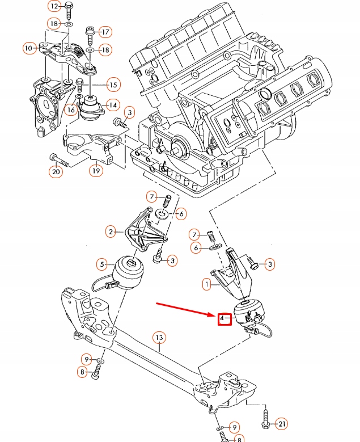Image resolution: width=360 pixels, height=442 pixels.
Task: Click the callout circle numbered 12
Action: click(x=54, y=7)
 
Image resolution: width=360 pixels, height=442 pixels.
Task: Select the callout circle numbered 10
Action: click(x=29, y=48)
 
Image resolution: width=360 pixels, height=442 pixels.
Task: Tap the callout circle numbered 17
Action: click(x=105, y=31)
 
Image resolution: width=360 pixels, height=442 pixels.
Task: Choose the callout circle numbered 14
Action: click(x=112, y=104)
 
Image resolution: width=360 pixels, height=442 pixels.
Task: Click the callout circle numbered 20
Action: click(x=55, y=171)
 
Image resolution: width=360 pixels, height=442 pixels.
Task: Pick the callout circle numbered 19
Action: click(x=95, y=170)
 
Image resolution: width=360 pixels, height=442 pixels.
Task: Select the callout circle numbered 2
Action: click(x=111, y=231)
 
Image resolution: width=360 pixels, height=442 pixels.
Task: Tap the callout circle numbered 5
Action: click(x=102, y=263)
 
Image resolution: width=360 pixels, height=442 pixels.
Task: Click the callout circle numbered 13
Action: click(x=159, y=338)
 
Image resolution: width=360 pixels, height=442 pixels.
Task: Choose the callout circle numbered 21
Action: click(x=281, y=423)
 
